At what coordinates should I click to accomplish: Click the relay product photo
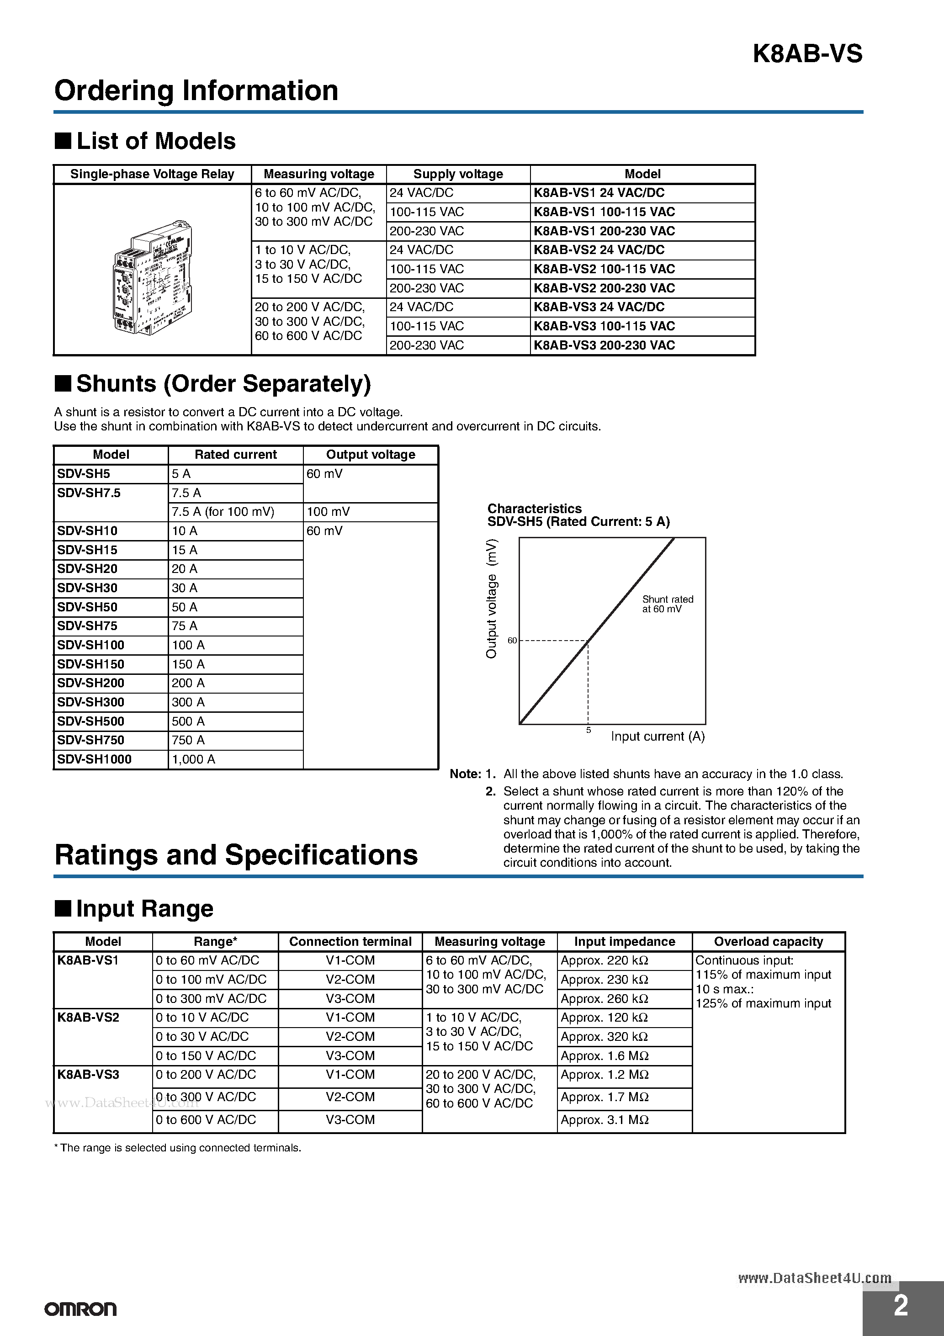tap(153, 277)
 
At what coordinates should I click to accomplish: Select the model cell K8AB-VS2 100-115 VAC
tap(604, 269)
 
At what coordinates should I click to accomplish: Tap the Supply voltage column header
tap(458, 174)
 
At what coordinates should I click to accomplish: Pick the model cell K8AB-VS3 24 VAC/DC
tap(599, 307)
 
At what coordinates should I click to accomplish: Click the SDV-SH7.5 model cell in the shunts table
tap(89, 493)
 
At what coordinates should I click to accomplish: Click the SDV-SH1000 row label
tap(94, 759)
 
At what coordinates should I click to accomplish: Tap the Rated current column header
tap(235, 455)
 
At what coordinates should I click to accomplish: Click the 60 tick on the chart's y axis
tap(512, 641)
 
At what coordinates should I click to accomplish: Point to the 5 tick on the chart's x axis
tap(589, 730)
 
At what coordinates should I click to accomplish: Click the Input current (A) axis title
tap(658, 737)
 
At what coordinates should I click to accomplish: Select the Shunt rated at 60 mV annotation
tap(667, 604)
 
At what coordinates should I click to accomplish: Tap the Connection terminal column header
tap(350, 942)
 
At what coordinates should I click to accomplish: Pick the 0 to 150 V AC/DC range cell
tap(206, 1055)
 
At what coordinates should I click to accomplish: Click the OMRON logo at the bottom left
tap(80, 1309)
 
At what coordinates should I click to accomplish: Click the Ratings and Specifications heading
tap(236, 855)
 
